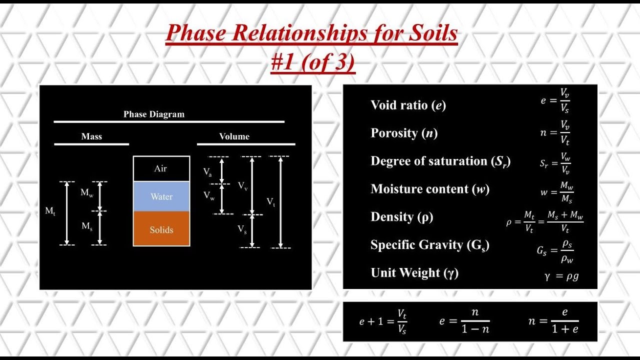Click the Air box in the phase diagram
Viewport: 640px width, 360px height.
[161, 168]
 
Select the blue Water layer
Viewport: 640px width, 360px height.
[161, 196]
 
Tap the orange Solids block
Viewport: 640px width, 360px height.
[161, 230]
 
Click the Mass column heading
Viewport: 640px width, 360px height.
[91, 136]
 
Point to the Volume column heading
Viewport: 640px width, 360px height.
[234, 136]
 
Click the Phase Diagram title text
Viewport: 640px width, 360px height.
[154, 114]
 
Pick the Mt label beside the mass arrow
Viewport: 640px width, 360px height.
[50, 211]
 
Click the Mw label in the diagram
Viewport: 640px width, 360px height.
[86, 192]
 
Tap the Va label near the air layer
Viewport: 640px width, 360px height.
[207, 172]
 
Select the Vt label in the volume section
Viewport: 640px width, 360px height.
[270, 201]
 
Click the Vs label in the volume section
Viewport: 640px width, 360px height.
[242, 229]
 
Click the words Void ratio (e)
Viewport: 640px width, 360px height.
[408, 105]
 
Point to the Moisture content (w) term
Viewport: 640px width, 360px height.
[430, 189]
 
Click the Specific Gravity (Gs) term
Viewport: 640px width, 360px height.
[429, 245]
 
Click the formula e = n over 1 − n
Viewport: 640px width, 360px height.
[464, 321]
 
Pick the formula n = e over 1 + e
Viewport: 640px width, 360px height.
[553, 321]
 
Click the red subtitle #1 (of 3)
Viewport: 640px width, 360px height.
[313, 63]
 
